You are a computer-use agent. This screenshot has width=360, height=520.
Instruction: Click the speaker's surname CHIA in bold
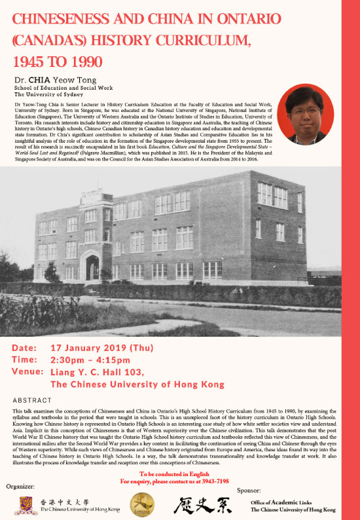[x=45, y=80]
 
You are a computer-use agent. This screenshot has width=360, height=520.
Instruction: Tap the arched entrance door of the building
[x=93, y=267]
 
